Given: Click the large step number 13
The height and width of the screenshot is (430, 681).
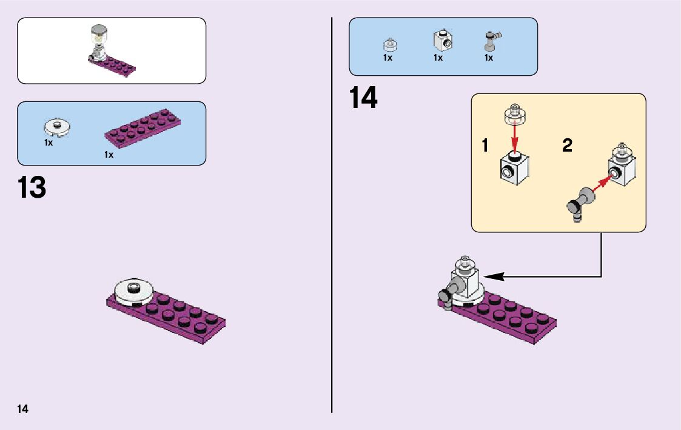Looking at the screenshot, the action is pos(32,187).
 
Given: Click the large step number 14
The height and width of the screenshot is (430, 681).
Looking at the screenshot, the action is pos(363,98).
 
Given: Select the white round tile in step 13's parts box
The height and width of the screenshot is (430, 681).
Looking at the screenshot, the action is pos(58,126).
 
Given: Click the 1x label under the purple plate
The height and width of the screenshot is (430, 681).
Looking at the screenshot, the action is pos(109,155).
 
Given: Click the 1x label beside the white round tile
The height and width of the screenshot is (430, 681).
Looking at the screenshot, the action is pos(49,143).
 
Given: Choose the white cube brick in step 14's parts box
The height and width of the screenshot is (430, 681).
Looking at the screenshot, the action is pos(443,40).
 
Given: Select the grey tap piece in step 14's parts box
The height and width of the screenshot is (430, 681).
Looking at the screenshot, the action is pos(490,41).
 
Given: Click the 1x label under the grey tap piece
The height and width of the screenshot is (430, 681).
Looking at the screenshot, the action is pos(488,58).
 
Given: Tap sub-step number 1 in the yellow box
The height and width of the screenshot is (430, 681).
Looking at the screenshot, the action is pos(485,146).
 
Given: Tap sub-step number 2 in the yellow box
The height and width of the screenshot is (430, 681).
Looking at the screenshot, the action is pos(567,146).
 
